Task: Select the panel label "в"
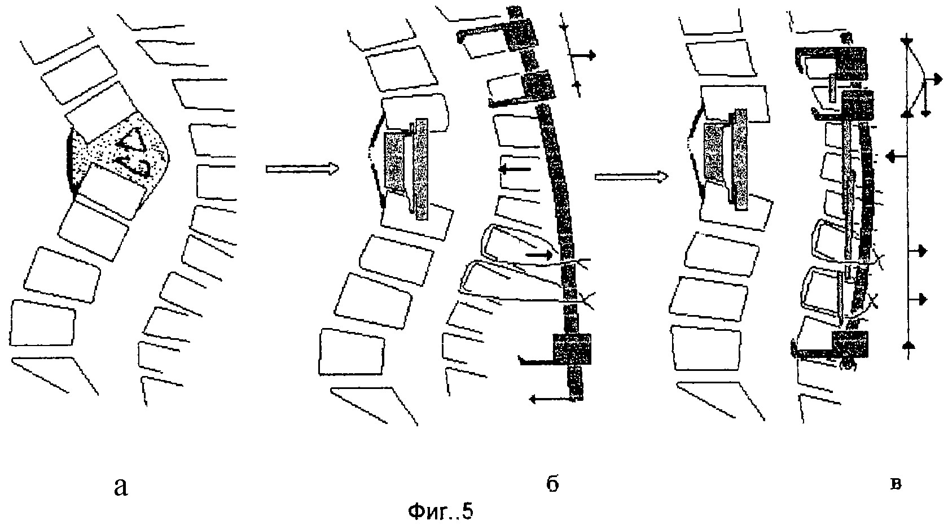click(x=895, y=484)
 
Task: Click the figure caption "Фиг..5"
click(x=440, y=511)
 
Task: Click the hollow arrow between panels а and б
click(x=302, y=169)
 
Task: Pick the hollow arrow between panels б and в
click(x=631, y=176)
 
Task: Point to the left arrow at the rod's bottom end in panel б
click(x=551, y=398)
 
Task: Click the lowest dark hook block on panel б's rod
click(x=572, y=348)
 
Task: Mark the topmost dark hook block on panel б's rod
click(x=521, y=32)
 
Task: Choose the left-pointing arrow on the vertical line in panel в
click(x=896, y=157)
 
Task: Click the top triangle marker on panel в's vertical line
click(x=906, y=41)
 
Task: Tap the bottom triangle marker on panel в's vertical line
click(x=906, y=346)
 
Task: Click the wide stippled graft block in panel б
click(x=394, y=161)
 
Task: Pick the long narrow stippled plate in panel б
click(x=422, y=169)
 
